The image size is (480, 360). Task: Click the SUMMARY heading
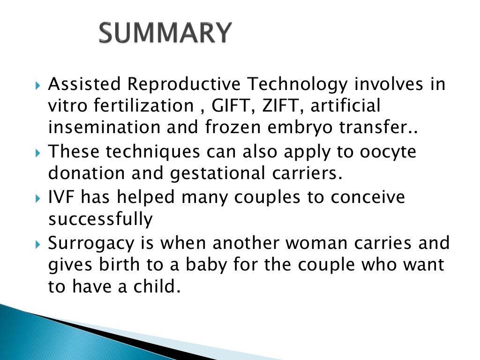(x=165, y=33)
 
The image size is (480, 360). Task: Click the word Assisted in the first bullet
(x=85, y=85)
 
